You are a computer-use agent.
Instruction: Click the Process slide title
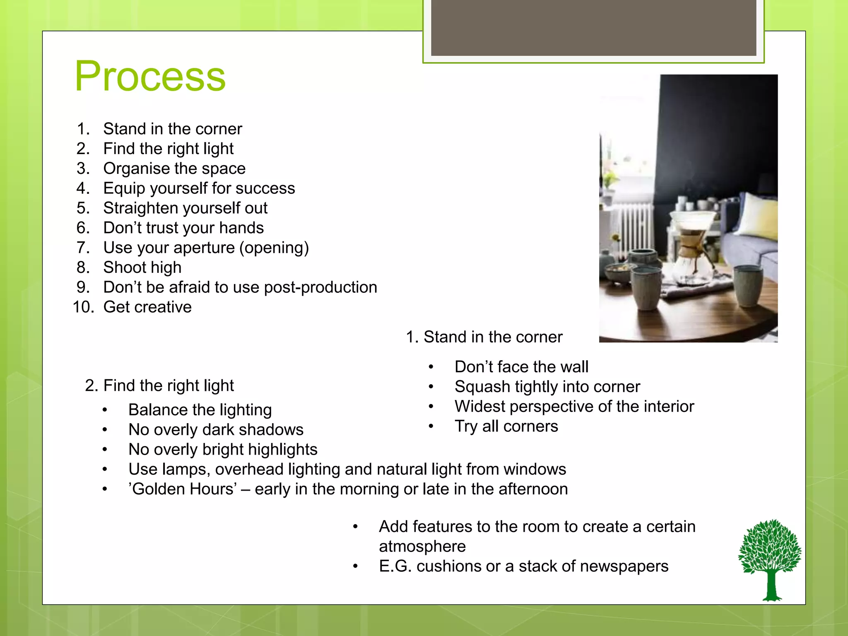click(x=150, y=77)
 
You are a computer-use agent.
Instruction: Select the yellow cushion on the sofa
click(x=758, y=215)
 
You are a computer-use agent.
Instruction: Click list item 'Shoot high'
click(x=142, y=267)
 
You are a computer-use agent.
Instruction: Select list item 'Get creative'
click(x=147, y=307)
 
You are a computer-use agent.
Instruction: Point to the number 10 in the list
click(x=83, y=307)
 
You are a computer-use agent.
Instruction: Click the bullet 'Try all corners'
click(x=506, y=426)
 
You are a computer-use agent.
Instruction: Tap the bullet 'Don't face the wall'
click(x=521, y=367)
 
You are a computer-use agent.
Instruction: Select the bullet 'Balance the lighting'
click(x=200, y=410)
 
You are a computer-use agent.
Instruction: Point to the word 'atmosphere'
click(x=422, y=547)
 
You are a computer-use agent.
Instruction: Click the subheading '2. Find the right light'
click(x=159, y=385)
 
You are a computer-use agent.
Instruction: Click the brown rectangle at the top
click(x=593, y=27)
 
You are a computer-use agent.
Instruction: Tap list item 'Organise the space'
click(x=174, y=169)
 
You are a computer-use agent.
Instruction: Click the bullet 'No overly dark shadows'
click(x=216, y=430)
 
